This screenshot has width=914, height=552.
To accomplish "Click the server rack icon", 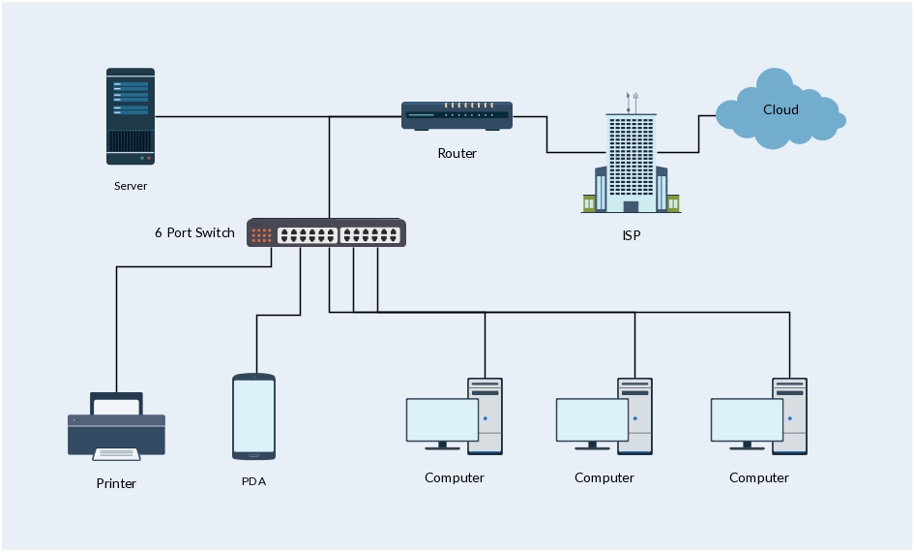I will [130, 115].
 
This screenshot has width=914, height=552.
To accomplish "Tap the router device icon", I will [457, 116].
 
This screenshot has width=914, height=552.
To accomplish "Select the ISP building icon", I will [631, 161].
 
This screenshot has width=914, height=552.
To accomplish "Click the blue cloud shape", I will [779, 109].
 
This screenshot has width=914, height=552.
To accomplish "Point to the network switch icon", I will [326, 233].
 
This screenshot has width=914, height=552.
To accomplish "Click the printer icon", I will [116, 426].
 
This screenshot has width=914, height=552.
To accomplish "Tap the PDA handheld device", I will [253, 416].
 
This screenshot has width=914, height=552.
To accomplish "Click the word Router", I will [457, 153].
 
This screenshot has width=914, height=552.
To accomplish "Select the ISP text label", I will [631, 235].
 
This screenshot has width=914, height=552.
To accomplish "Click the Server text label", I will [131, 186].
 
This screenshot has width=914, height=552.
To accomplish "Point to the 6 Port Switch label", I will [194, 232].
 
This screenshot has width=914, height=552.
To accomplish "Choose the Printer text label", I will [116, 483].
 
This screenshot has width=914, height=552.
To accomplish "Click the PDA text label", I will [253, 481].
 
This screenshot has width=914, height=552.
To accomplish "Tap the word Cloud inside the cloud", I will [781, 109].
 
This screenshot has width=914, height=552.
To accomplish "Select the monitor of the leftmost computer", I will [442, 420].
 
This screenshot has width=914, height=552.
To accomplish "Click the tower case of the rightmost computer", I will [789, 416].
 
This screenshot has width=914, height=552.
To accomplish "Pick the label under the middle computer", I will [604, 477].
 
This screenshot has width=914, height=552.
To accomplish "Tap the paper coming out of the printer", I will [116, 453].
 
